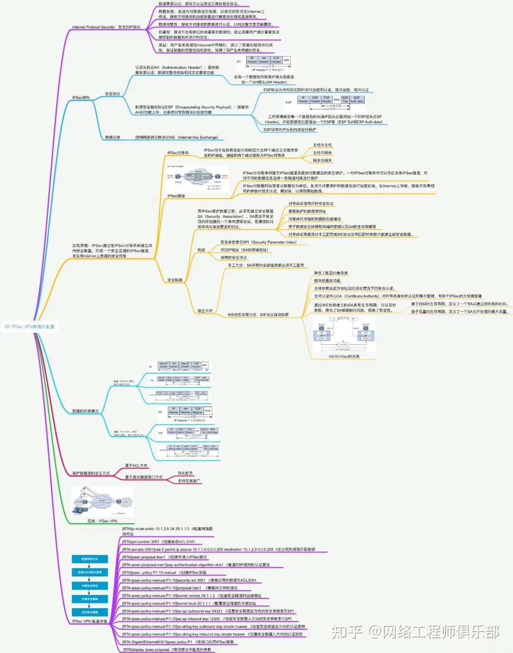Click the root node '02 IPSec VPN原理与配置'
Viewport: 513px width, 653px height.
(x=29, y=327)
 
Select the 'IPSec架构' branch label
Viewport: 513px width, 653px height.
(x=81, y=98)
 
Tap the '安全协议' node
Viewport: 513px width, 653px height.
(x=112, y=94)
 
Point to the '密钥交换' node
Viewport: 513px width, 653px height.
(x=112, y=138)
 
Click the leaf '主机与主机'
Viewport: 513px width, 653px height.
(x=322, y=145)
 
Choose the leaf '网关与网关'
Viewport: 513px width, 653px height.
(x=322, y=161)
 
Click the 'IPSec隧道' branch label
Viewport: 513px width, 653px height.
(x=176, y=196)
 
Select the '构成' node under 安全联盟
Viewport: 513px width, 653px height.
(x=201, y=250)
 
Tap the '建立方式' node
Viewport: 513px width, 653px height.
(x=205, y=311)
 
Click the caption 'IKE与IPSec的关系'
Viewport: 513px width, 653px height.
(x=344, y=357)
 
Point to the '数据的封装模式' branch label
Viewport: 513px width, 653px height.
(x=85, y=411)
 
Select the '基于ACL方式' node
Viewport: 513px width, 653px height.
(x=136, y=465)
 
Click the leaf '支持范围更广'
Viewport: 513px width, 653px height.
(x=189, y=481)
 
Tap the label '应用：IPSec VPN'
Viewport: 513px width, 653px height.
(x=102, y=521)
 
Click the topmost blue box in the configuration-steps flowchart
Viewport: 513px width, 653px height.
(x=90, y=559)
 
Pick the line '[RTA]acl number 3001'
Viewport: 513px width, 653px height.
(x=158, y=542)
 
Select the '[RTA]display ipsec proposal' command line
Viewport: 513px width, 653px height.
(x=167, y=650)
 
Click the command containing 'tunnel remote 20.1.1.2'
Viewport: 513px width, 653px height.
(x=191, y=596)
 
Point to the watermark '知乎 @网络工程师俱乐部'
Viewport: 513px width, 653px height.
(x=415, y=632)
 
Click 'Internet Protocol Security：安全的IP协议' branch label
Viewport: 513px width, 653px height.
(x=106, y=27)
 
